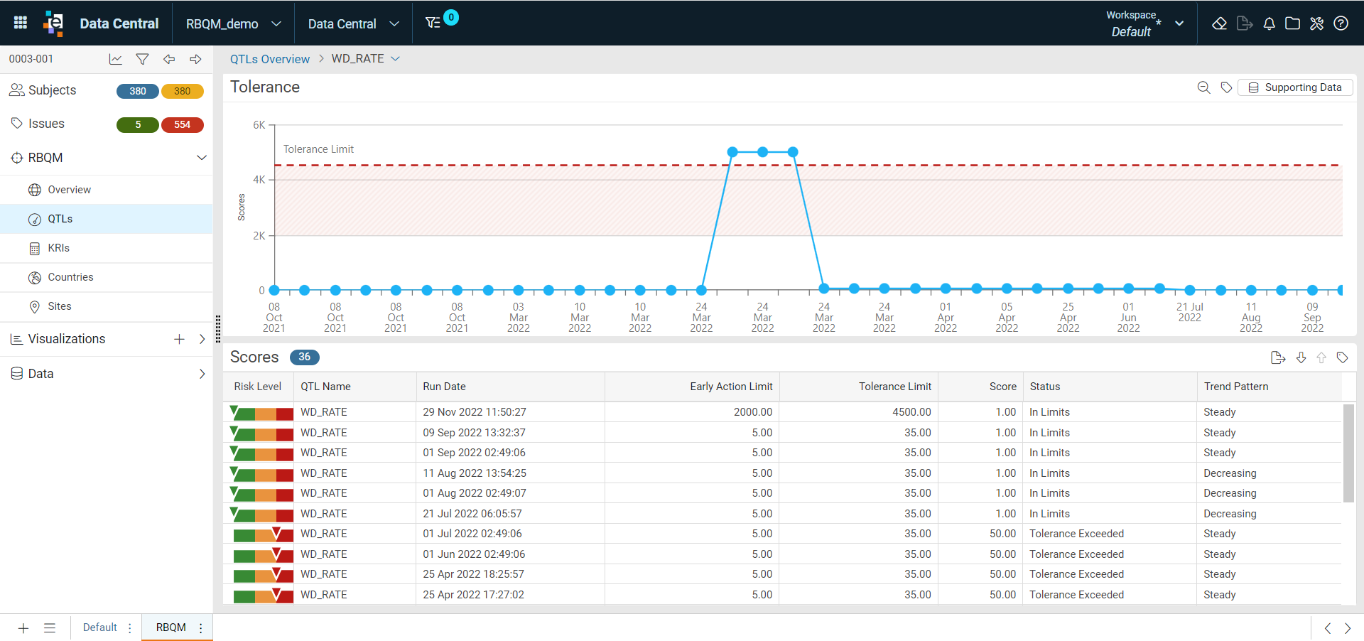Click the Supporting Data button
point(1295,87)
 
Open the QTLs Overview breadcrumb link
point(269,59)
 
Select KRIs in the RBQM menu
point(58,248)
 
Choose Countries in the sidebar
point(70,277)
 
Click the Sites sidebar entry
point(60,306)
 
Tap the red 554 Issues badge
point(183,124)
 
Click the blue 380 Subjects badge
point(138,91)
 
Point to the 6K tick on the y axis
point(259,125)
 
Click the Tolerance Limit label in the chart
point(318,149)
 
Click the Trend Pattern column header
point(1236,387)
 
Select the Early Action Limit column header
point(731,387)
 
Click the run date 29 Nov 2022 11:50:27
point(475,412)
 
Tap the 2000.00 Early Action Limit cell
point(753,412)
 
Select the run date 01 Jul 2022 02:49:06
point(472,534)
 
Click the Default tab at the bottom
point(99,627)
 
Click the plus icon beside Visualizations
point(179,339)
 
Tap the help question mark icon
point(1341,23)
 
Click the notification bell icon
point(1269,23)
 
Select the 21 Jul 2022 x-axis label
point(1190,312)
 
